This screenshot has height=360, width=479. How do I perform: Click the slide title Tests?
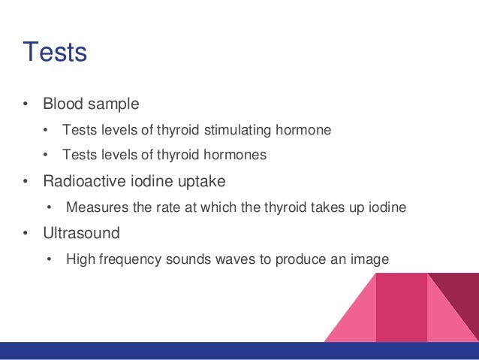[x=55, y=53]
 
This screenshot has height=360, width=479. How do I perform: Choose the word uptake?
[x=202, y=181]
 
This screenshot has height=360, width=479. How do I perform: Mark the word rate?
[x=164, y=207]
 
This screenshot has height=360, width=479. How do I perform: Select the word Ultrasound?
[x=82, y=233]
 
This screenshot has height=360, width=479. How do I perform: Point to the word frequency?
[x=127, y=259]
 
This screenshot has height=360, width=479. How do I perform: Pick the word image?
[x=371, y=259]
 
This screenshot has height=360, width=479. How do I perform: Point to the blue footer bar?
[x=239, y=350]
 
